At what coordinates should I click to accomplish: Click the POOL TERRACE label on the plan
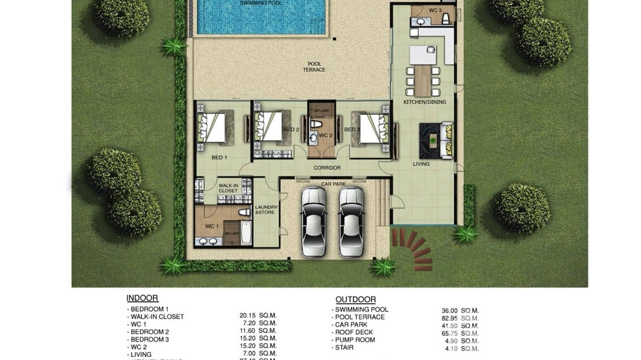(314, 67)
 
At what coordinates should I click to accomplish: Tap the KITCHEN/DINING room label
(425, 102)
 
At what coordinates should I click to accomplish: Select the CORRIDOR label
(327, 168)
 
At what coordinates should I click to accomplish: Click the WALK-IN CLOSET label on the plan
(228, 188)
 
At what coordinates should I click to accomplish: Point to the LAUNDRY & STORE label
(266, 210)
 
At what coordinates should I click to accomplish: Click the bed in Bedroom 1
(212, 127)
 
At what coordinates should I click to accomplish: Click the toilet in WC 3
(446, 19)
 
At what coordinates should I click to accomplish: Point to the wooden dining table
(423, 81)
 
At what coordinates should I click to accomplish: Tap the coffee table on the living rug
(433, 140)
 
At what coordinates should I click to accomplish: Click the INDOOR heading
(142, 298)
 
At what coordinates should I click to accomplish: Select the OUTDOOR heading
(355, 300)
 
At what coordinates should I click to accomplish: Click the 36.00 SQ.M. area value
(460, 311)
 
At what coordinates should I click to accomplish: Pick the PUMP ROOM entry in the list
(354, 340)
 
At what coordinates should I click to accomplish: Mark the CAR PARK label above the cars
(333, 184)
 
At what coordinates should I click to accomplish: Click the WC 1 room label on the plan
(212, 226)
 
